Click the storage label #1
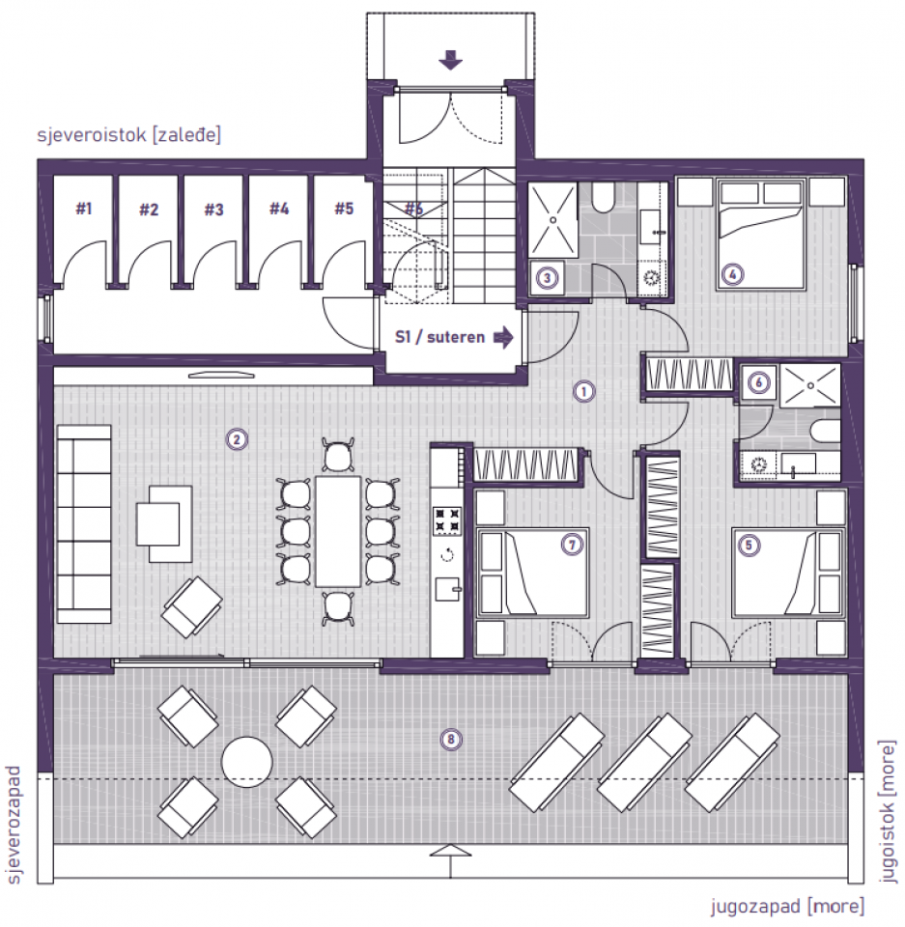pos(84,208)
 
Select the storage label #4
pos(279,208)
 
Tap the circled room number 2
pos(237,439)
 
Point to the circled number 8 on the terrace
pos(448,740)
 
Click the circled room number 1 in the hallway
pos(582,391)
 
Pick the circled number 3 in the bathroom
pos(548,278)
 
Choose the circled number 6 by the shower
pos(759,383)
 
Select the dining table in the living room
pos(338,531)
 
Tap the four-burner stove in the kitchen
pos(446,520)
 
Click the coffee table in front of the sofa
pos(163,515)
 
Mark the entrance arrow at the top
pos(450,62)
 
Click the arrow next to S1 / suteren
pos(503,338)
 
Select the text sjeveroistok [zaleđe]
pos(128,134)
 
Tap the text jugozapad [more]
pos(787,906)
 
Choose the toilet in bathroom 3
pos(603,200)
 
